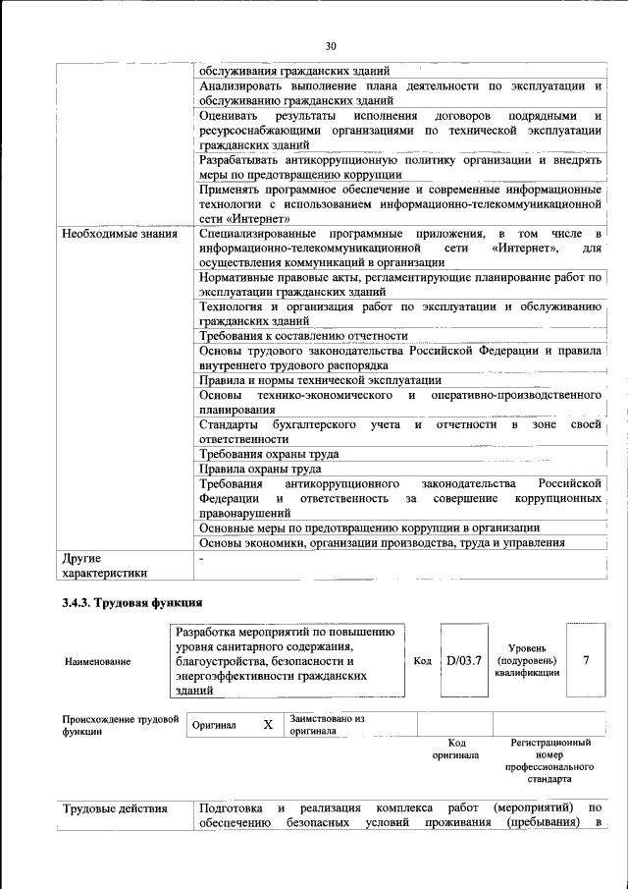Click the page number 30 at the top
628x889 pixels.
(331, 44)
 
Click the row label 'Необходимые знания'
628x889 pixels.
(120, 234)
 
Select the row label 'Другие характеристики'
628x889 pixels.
(104, 566)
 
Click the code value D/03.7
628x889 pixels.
(464, 659)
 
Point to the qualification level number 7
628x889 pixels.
(586, 659)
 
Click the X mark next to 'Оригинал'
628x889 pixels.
(267, 725)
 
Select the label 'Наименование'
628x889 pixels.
(97, 661)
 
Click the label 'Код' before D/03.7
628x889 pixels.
(422, 660)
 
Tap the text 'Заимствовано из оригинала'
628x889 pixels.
(327, 725)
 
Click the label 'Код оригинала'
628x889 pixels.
(455, 749)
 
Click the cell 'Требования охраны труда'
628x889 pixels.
(269, 454)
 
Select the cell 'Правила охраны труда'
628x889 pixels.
(260, 469)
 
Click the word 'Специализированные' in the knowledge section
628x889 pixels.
(257, 234)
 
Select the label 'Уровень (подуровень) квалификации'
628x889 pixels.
(527, 660)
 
